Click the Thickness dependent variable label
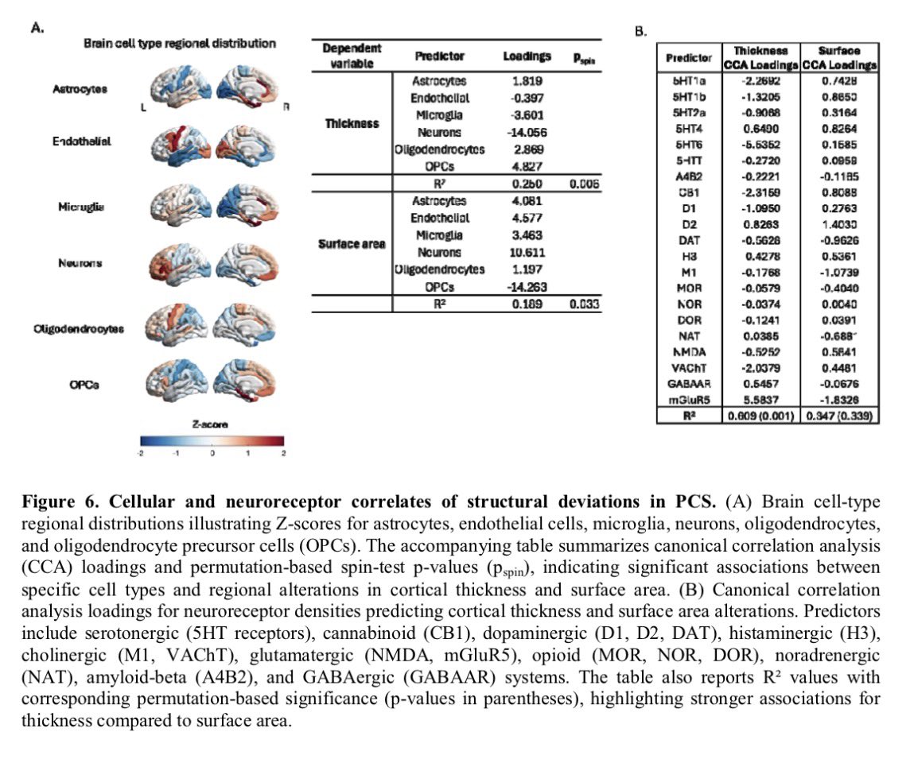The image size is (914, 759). [351, 124]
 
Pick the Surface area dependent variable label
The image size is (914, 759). [351, 243]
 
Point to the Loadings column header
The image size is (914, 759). [526, 57]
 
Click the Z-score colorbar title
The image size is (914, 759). [211, 424]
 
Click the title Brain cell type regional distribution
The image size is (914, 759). [180, 43]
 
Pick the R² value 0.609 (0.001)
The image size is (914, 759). [760, 416]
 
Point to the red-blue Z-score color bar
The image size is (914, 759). [212, 441]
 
